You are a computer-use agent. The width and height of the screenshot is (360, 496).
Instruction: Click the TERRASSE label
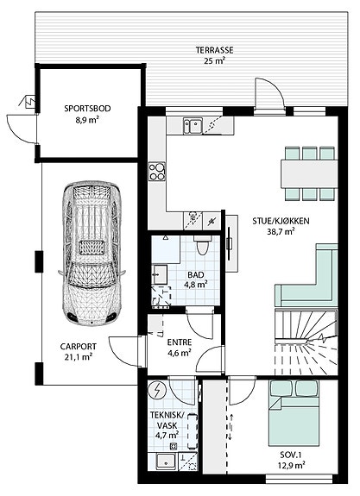click(x=214, y=50)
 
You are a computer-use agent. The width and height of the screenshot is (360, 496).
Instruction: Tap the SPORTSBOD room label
click(x=88, y=109)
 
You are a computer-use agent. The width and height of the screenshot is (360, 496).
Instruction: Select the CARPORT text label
click(x=79, y=347)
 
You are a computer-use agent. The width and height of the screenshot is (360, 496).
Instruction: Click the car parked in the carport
click(x=92, y=253)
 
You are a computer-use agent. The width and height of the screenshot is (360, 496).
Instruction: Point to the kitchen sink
click(x=193, y=126)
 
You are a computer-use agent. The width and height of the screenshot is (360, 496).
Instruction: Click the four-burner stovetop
click(x=157, y=171)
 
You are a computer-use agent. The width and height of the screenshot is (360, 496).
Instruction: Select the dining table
click(x=309, y=173)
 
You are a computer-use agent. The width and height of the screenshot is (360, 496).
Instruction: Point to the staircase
click(x=306, y=342)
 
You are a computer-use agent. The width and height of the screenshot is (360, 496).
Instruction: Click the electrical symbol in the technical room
click(x=156, y=391)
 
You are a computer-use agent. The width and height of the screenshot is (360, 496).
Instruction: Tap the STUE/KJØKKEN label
click(x=281, y=221)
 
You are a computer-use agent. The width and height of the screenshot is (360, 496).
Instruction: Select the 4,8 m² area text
click(x=196, y=284)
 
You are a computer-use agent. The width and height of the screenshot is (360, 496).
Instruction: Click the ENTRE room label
click(x=180, y=342)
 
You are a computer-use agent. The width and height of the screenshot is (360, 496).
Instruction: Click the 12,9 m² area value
click(x=293, y=465)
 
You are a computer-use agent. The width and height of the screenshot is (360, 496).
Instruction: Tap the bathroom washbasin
click(x=160, y=274)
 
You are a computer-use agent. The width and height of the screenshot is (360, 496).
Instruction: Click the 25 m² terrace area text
click(x=214, y=60)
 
